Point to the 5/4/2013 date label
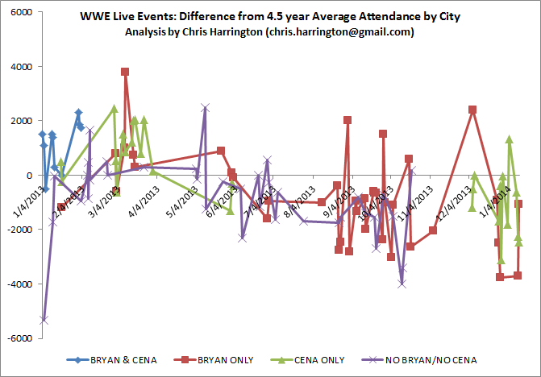tap(181, 197)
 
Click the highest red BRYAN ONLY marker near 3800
tap(125, 72)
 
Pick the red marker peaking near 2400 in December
tap(472, 110)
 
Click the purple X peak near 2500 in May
tap(206, 107)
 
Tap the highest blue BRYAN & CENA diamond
tap(78, 113)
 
